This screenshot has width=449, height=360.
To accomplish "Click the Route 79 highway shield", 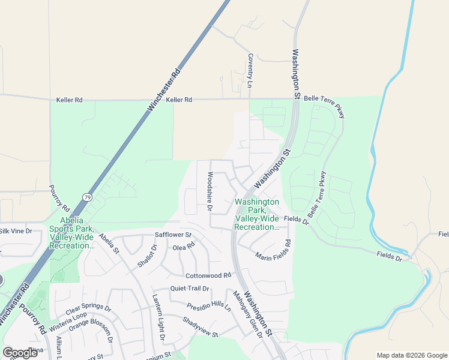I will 88,197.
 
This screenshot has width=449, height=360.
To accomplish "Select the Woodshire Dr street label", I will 210,192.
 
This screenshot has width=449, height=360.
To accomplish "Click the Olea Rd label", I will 184,247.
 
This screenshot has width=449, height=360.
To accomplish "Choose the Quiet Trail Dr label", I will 189,288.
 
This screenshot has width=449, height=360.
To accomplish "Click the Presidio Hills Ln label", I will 208,307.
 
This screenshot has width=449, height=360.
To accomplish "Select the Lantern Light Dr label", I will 158,319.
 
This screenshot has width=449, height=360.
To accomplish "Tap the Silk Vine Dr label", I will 16,231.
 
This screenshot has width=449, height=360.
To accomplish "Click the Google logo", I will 20,352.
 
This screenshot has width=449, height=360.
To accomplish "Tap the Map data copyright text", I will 411,355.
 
